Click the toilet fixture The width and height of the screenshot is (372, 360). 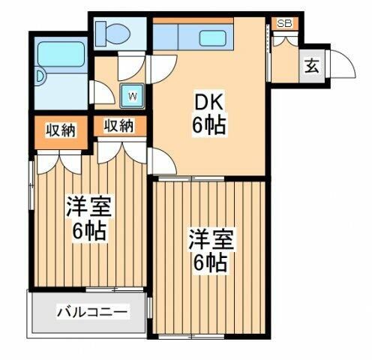tap(117, 32)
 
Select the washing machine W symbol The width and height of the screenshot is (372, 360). tap(132, 95)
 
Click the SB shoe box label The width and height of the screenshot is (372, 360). tap(283, 23)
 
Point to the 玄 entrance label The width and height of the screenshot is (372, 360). tap(310, 65)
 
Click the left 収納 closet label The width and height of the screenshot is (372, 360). tap(61, 130)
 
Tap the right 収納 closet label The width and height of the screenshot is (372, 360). tap(118, 126)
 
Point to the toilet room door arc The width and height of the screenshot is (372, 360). tap(127, 66)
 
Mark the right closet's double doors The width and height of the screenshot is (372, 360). tap(120, 150)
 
